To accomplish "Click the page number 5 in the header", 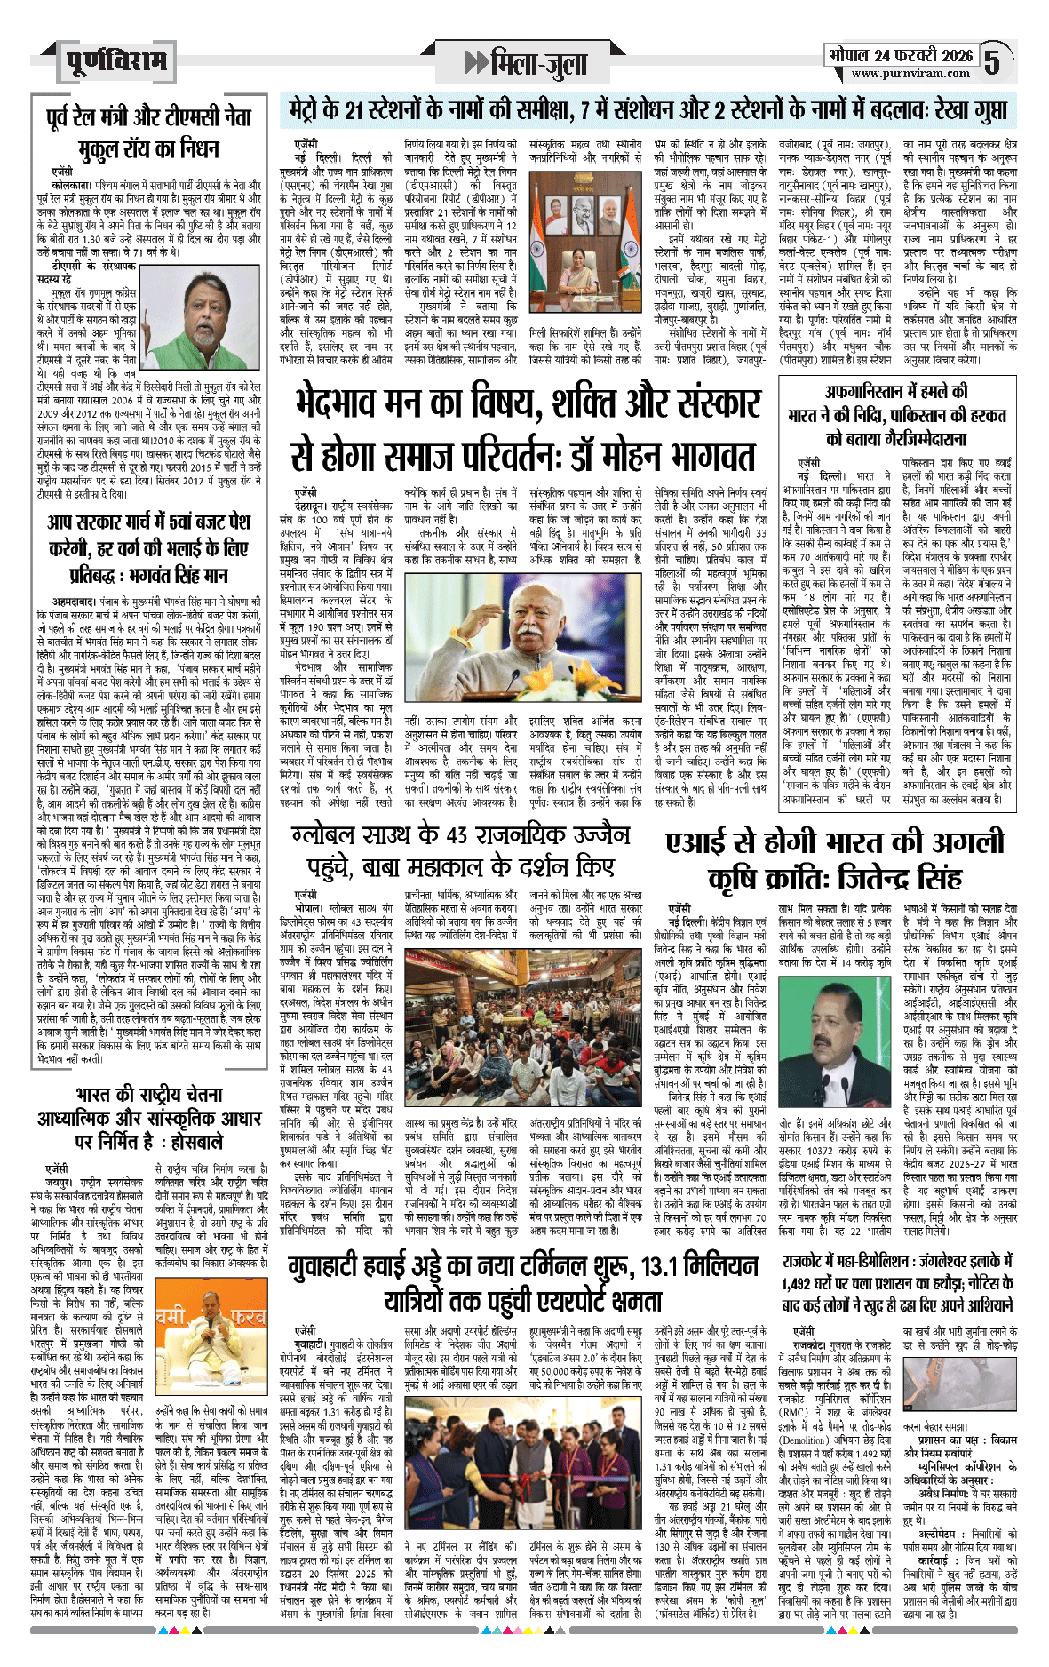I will (992, 61).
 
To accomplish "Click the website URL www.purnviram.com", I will (900, 74).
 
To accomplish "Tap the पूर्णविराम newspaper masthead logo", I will (116, 61).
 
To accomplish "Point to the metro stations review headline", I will (648, 110).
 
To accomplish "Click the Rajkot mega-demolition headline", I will (898, 1283).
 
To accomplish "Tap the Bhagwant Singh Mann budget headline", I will (149, 548).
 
